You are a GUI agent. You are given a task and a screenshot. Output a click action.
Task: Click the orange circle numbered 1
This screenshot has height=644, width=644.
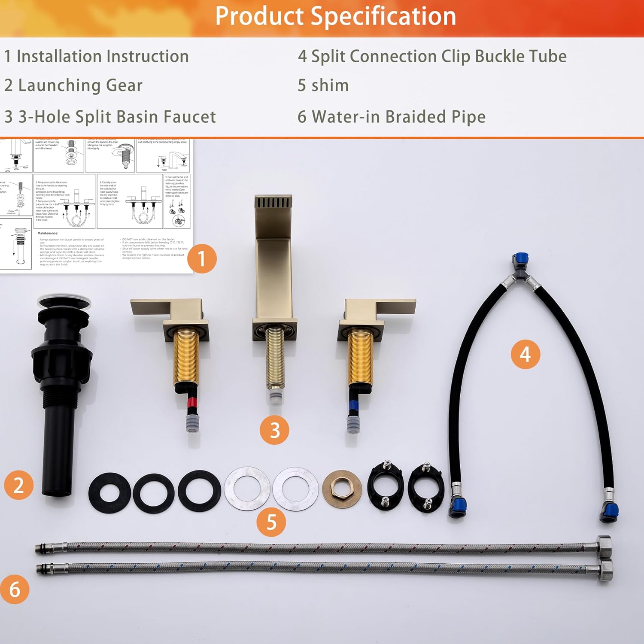click(x=201, y=259)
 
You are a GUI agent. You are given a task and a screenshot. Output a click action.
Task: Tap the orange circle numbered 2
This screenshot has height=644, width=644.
click(x=18, y=485)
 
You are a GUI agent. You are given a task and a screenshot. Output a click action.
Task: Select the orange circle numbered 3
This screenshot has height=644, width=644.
click(x=274, y=430)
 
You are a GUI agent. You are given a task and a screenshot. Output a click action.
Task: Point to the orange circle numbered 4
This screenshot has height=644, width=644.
click(x=525, y=354)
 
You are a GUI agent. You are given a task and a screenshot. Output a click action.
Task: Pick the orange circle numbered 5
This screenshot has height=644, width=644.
click(x=271, y=522)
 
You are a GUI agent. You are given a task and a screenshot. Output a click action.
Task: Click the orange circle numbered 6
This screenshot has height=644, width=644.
click(x=15, y=589)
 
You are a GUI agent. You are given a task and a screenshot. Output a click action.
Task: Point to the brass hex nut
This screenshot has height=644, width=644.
click(x=342, y=488)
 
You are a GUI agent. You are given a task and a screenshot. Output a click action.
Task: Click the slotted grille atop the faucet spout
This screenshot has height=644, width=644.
click(x=273, y=202)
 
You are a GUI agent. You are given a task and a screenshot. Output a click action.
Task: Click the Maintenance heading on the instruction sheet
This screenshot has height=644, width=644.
click(x=48, y=233)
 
